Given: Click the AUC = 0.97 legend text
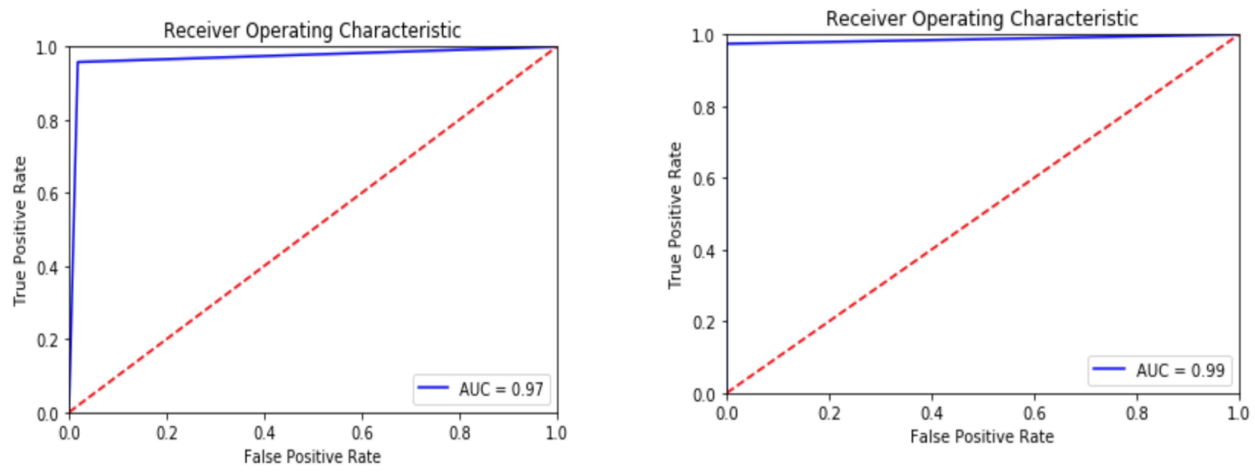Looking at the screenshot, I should pyautogui.click(x=501, y=389).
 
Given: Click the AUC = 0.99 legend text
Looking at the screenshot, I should pyautogui.click(x=1180, y=371).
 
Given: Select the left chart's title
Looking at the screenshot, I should pyautogui.click(x=312, y=31).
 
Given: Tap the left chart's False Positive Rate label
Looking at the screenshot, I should pyautogui.click(x=312, y=457).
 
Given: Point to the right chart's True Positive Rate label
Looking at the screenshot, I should pyautogui.click(x=675, y=215).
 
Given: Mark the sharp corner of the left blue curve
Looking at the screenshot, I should pyautogui.click(x=78, y=62).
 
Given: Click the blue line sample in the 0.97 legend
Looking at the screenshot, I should pyautogui.click(x=433, y=387).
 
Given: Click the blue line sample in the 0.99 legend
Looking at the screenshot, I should pyautogui.click(x=1109, y=369).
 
